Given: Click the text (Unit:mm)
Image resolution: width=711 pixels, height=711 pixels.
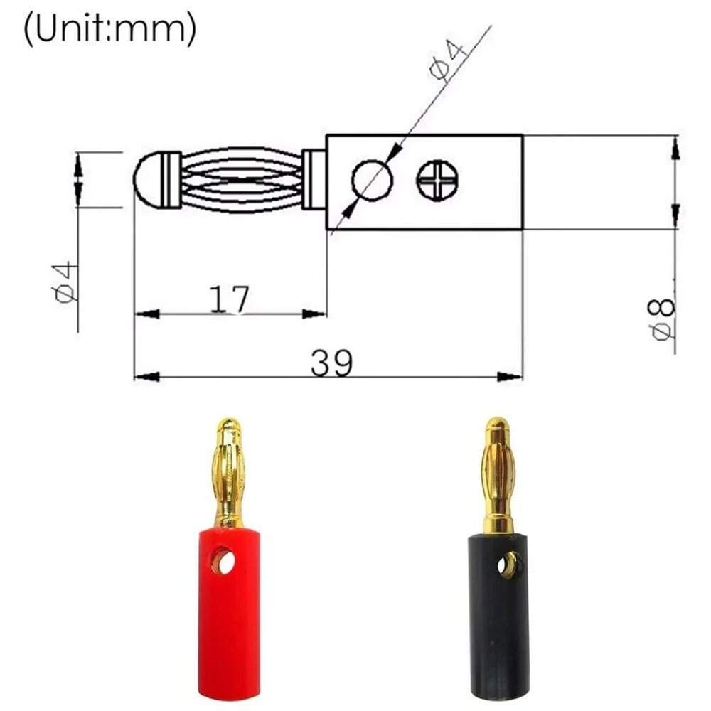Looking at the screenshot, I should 109,30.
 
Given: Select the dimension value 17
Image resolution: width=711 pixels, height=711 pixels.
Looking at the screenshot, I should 230,300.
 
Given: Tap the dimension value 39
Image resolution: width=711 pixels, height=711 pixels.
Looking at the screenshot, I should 331,364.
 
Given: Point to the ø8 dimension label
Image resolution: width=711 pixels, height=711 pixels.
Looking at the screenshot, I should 662,319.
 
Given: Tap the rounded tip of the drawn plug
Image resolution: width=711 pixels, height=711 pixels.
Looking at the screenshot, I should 146,180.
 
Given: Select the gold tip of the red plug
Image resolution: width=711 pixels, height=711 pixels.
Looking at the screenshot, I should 228,430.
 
